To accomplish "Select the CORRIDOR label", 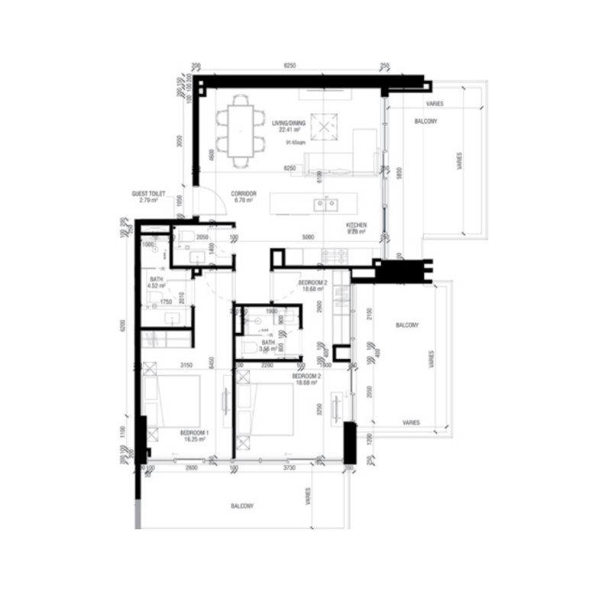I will click(245, 194).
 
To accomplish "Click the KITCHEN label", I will click(357, 225).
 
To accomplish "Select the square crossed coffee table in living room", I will click(327, 124).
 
